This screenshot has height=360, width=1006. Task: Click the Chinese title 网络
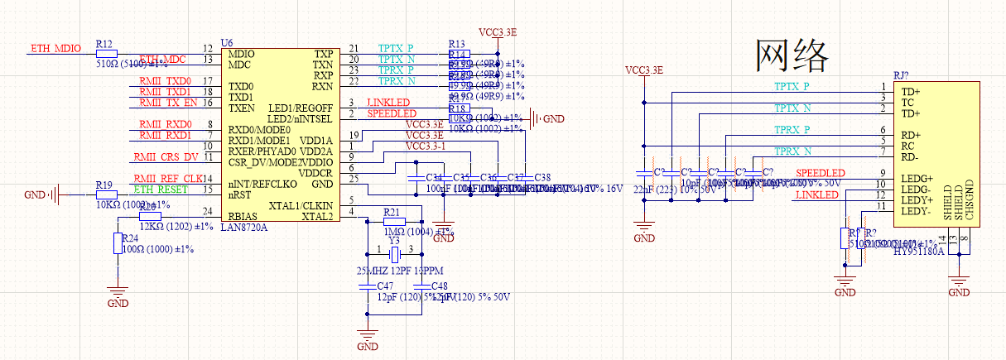[792, 56]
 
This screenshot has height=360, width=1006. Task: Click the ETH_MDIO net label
[55, 48]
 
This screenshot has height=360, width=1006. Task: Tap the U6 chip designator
[226, 42]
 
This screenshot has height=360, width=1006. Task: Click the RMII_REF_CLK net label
[168, 178]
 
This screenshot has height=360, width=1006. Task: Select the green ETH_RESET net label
[161, 190]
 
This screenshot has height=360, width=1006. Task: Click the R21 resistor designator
[392, 212]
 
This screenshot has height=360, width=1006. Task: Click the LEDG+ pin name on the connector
[917, 178]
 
